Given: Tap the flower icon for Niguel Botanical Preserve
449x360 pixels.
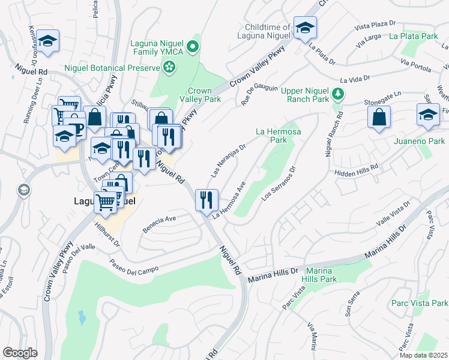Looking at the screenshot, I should coord(170,68).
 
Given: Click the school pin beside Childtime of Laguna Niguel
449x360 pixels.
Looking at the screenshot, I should coord(305,28).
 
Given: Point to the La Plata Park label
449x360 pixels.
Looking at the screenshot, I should coord(413,36).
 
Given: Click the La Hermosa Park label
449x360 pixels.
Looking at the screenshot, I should coord(278,135).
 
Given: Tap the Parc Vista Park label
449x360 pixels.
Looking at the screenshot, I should coord(420,303).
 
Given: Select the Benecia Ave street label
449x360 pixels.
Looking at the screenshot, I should coord(159,223).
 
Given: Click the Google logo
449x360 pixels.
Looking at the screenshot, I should coord(20,353).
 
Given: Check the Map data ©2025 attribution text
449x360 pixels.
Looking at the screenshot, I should coord(424,355).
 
